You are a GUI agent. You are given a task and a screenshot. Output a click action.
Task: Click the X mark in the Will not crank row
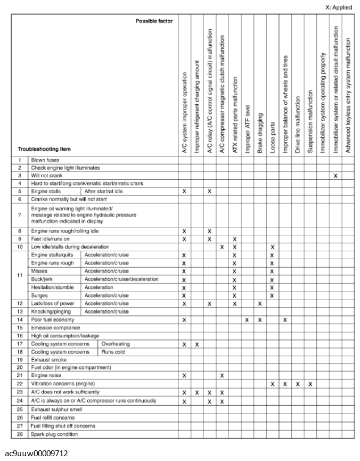(x=336, y=176)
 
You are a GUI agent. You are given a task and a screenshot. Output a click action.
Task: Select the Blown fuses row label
(x=45, y=160)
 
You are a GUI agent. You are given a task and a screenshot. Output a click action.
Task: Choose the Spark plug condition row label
(x=54, y=434)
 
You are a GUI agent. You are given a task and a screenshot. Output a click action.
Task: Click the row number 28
(x=20, y=434)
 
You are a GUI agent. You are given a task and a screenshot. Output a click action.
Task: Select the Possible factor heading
(x=154, y=21)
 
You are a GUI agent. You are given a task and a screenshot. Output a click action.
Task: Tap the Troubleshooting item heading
(x=44, y=149)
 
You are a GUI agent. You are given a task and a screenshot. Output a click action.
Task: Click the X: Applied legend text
(x=339, y=7)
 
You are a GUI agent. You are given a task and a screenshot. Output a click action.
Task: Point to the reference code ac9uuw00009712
(x=35, y=454)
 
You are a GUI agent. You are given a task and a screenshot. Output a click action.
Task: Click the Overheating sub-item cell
(x=116, y=344)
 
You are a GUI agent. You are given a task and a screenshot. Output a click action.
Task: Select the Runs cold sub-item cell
(x=114, y=352)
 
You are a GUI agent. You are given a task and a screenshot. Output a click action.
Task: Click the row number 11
(x=20, y=275)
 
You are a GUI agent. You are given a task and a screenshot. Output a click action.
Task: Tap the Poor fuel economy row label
(x=53, y=319)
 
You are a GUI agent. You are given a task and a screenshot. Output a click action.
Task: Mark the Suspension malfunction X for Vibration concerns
(x=310, y=384)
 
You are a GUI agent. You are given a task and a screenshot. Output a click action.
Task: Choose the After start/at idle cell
(x=104, y=191)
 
